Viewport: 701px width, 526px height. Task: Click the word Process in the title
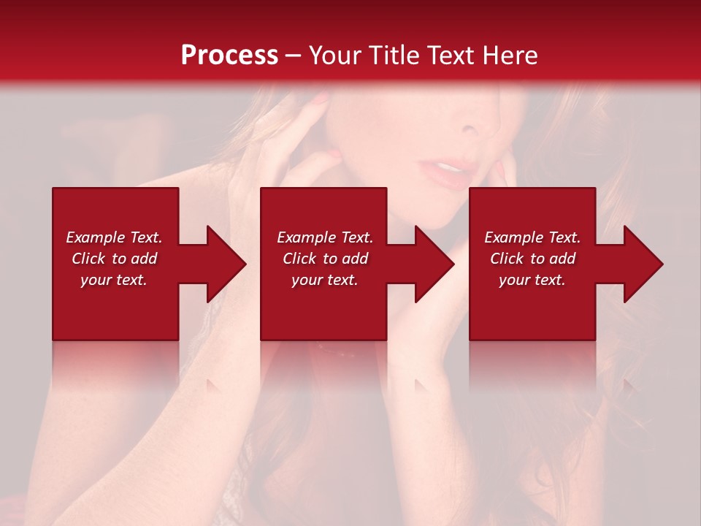[x=229, y=56]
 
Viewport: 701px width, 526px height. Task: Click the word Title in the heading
[x=394, y=56]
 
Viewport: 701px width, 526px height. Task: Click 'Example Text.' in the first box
[x=114, y=237]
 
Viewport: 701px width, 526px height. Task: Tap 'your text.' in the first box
[x=114, y=280]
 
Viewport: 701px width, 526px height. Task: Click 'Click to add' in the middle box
[x=325, y=259]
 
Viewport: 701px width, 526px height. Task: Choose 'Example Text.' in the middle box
[x=325, y=237]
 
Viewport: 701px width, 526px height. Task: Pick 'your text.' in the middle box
[x=325, y=280]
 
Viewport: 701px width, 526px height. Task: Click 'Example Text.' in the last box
[x=532, y=237]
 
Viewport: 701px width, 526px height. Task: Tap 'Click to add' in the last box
[x=532, y=259]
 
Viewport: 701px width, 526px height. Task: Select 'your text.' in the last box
[x=532, y=280]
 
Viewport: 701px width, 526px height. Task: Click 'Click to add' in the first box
[x=114, y=259]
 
